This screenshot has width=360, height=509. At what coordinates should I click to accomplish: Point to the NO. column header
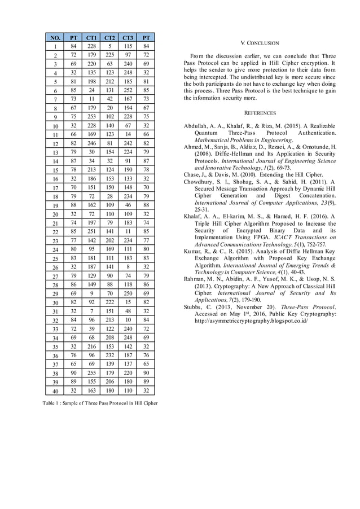click(55, 37)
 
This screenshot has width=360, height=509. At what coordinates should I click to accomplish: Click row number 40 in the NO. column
click(55, 391)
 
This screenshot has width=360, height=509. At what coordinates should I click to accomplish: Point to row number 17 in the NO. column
click(55, 188)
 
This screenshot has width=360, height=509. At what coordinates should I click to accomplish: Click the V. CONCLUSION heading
click(260, 43)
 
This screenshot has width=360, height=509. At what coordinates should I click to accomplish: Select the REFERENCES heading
click(260, 113)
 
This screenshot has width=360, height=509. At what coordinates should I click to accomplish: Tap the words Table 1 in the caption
click(51, 403)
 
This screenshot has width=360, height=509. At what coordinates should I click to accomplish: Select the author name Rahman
click(195, 279)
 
